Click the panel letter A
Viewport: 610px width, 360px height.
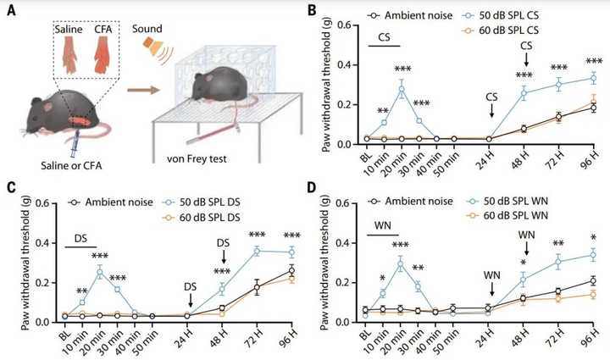tap(11, 11)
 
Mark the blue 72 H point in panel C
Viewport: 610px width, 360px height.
tap(258, 250)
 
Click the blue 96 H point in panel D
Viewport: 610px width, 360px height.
tap(591, 254)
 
